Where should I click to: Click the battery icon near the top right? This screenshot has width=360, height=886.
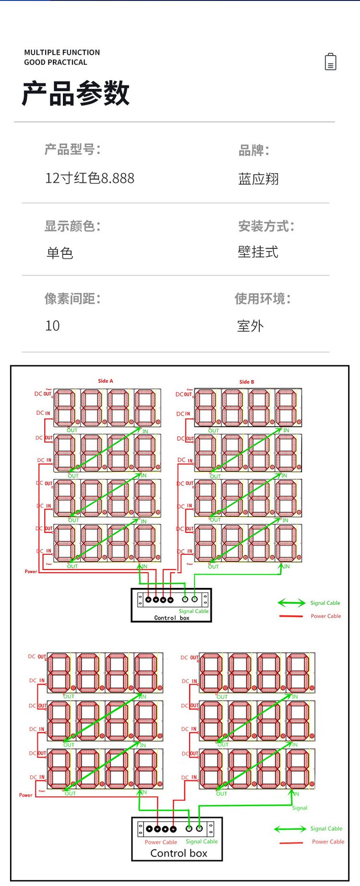click(x=331, y=62)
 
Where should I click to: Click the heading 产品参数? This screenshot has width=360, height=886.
click(x=76, y=93)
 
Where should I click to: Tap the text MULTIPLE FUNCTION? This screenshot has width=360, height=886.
click(x=62, y=52)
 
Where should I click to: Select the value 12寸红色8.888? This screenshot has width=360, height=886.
click(x=90, y=178)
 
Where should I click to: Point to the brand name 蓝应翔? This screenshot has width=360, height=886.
click(x=258, y=179)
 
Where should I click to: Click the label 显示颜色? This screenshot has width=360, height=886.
click(x=72, y=226)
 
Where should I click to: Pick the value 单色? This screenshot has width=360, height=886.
click(x=60, y=253)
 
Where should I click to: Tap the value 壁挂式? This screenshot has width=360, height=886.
click(x=258, y=252)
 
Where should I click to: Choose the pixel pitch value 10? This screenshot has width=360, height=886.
click(x=52, y=326)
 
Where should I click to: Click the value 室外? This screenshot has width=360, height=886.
click(x=250, y=326)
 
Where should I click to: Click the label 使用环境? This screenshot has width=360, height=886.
click(x=263, y=299)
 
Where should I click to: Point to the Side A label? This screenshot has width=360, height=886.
click(x=106, y=381)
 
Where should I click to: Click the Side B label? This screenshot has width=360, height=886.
click(x=247, y=382)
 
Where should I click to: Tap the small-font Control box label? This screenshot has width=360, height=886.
click(x=172, y=618)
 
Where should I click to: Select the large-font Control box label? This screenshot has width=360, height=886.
click(x=179, y=853)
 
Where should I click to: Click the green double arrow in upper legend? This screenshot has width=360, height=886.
click(x=291, y=603)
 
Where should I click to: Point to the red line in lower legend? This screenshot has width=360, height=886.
click(x=291, y=843)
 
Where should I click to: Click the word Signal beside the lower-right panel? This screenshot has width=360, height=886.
click(x=300, y=808)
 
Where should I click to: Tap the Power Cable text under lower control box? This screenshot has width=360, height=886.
click(x=161, y=842)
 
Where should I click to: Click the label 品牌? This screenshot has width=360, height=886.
click(x=254, y=150)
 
